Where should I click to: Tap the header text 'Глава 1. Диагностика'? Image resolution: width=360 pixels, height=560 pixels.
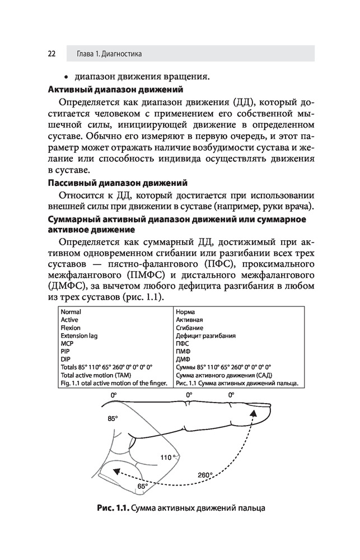click(109, 54)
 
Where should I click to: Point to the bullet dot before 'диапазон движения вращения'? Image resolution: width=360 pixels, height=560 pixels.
click(67, 76)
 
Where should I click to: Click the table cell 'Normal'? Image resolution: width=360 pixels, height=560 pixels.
click(71, 312)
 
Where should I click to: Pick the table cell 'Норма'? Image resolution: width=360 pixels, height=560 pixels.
click(186, 312)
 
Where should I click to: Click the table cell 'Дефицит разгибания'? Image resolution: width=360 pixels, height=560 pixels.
click(205, 335)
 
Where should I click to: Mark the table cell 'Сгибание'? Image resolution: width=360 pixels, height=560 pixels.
click(190, 328)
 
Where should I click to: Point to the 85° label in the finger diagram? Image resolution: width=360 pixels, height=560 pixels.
click(114, 418)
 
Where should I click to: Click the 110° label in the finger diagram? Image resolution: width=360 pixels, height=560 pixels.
click(167, 458)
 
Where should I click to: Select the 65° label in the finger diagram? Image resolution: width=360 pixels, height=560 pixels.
click(142, 486)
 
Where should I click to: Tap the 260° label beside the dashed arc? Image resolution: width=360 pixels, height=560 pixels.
click(205, 475)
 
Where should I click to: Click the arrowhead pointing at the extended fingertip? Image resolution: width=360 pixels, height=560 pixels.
click(254, 412)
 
